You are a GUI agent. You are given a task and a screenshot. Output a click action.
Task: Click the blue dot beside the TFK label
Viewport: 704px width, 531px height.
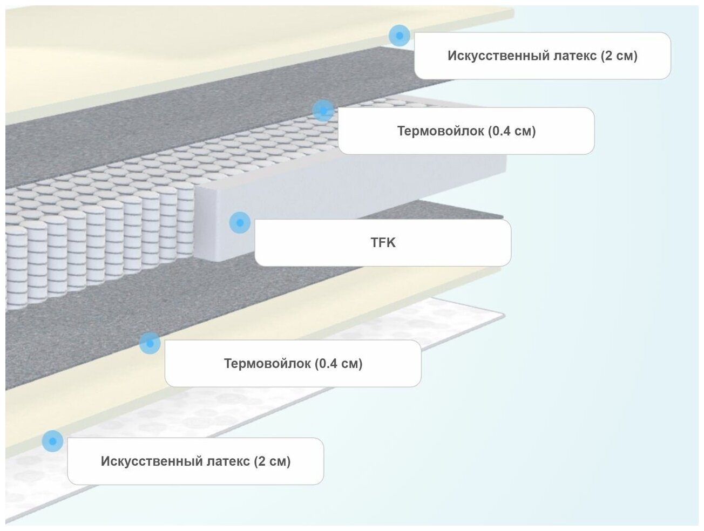point(240,222)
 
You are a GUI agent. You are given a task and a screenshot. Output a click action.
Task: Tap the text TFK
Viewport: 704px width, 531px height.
point(383,243)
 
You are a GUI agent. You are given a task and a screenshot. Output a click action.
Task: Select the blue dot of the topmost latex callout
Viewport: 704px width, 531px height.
point(399,36)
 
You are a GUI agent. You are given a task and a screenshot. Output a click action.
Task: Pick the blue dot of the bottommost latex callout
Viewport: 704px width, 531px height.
point(52,441)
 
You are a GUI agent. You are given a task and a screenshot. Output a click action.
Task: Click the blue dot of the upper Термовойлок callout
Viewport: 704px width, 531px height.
point(323,111)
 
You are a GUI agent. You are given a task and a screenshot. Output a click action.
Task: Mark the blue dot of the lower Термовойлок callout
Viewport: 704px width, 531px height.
point(150,343)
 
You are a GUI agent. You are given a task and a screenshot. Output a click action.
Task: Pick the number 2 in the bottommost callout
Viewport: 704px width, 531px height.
point(262,461)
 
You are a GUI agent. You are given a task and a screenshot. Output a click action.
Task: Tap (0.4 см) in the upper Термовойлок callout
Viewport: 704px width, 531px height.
point(511,131)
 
